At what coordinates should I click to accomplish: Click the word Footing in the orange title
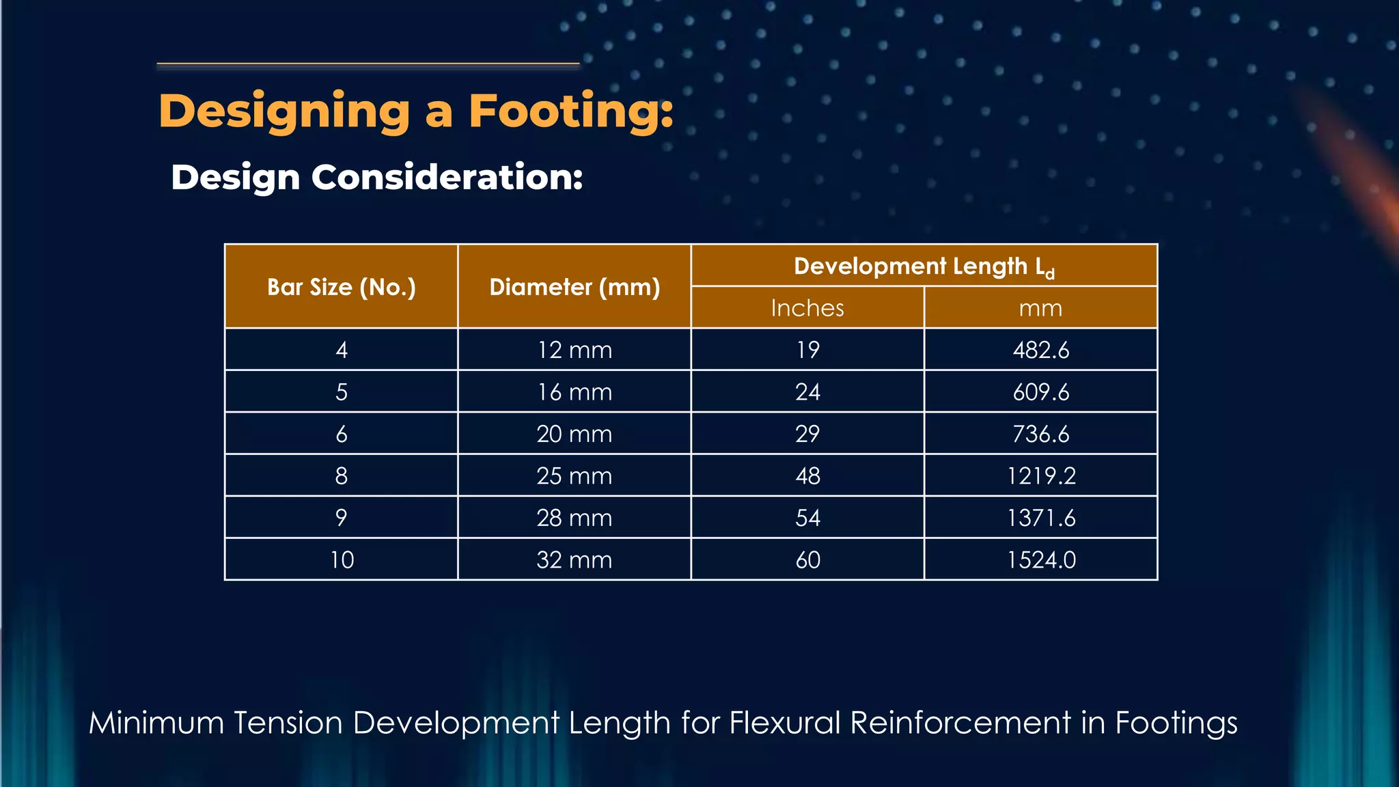click(570, 111)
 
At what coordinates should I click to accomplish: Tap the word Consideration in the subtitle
click(447, 177)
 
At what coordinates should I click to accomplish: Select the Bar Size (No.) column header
click(342, 287)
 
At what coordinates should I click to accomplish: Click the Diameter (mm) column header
click(574, 287)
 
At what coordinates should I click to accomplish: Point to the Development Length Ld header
click(924, 266)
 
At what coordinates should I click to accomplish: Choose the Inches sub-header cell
click(807, 308)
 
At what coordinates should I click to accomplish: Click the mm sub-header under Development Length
click(1040, 308)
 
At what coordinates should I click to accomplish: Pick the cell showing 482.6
click(1040, 350)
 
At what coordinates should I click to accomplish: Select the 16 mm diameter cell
click(574, 392)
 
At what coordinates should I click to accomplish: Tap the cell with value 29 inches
click(807, 434)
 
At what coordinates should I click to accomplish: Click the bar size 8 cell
click(342, 475)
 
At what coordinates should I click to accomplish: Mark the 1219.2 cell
click(1040, 475)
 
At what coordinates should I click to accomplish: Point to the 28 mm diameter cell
click(574, 518)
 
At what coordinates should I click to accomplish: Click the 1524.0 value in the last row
click(1040, 560)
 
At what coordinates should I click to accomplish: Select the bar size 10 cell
click(342, 560)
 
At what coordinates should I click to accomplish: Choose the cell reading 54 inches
click(807, 518)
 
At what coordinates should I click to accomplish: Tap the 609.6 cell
click(1040, 392)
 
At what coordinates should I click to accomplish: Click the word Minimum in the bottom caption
click(156, 723)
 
